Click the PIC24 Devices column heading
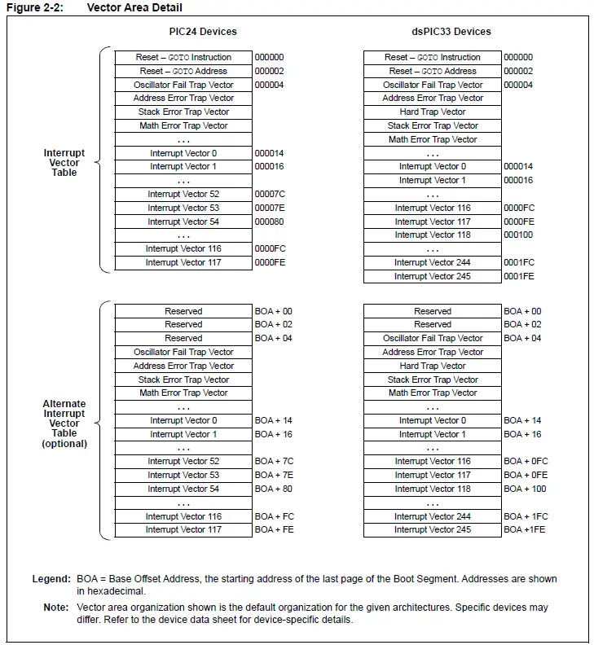(x=197, y=32)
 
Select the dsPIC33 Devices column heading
(x=451, y=32)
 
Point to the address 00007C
(x=270, y=195)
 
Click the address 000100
(x=518, y=235)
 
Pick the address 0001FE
(x=520, y=277)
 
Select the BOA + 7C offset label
(x=275, y=462)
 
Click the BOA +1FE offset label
(x=525, y=530)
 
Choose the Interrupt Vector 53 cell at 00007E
(x=183, y=208)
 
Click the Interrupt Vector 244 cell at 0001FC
(x=433, y=263)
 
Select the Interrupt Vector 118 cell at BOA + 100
(x=433, y=489)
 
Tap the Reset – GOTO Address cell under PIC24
(x=183, y=72)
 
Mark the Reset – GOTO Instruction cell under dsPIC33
(x=433, y=58)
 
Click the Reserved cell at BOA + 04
(x=183, y=339)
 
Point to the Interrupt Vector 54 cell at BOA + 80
(x=183, y=489)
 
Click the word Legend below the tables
(x=51, y=580)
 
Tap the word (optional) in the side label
(x=64, y=444)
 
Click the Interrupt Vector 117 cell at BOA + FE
(x=183, y=530)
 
